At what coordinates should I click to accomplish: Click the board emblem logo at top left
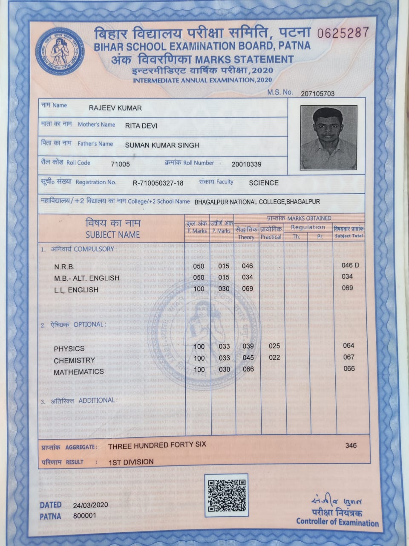click(x=60, y=52)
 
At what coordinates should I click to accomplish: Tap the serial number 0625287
click(x=343, y=33)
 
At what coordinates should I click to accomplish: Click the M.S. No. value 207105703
click(x=317, y=94)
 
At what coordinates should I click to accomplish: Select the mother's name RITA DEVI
click(x=141, y=125)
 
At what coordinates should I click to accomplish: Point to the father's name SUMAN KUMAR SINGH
click(x=162, y=145)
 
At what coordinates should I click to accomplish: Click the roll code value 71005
click(x=120, y=164)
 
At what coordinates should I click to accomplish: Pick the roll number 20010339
click(x=246, y=164)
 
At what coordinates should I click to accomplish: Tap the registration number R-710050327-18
click(x=158, y=183)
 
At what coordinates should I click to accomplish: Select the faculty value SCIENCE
click(x=263, y=183)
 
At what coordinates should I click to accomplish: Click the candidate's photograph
click(x=328, y=138)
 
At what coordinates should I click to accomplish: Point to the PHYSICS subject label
click(x=69, y=349)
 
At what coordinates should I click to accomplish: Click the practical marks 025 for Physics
click(x=274, y=346)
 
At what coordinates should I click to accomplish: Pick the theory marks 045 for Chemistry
click(x=248, y=358)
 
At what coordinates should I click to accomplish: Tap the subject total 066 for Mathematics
click(x=349, y=369)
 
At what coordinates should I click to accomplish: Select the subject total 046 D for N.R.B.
click(x=350, y=265)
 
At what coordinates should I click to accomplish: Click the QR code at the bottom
click(x=226, y=495)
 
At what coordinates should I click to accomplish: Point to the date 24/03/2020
click(x=90, y=505)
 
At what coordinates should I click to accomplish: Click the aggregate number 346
click(x=351, y=445)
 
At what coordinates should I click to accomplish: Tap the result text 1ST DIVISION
click(x=131, y=462)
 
